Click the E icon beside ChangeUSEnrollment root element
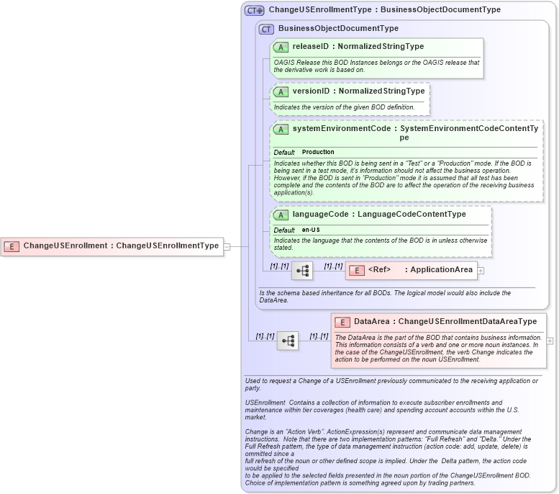(12, 246)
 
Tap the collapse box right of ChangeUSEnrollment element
(227, 246)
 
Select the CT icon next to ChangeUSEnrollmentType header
(255, 10)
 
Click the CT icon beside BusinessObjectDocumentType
(266, 29)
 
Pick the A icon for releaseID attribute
(281, 47)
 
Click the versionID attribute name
(311, 91)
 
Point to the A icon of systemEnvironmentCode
(281, 128)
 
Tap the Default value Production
(318, 153)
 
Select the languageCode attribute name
(320, 214)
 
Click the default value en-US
(311, 230)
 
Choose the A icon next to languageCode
(281, 215)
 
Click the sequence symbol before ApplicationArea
(302, 270)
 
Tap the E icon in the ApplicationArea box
(355, 270)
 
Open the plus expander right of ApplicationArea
(481, 271)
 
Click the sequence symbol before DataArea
(288, 341)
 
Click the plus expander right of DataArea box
(550, 341)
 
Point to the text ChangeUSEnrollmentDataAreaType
(468, 321)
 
